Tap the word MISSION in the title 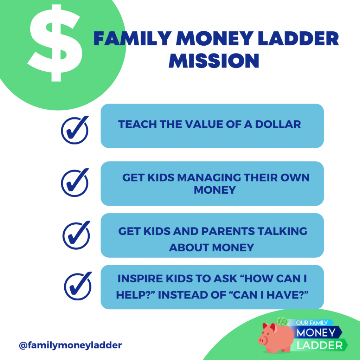point(214,61)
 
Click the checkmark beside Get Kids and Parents point(76,235)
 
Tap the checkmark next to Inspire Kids point(78,286)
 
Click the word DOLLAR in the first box point(278,124)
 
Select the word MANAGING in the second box point(209,178)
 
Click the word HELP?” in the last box point(135,295)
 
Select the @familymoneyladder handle point(70,345)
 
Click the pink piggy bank point(276,337)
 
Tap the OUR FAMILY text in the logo point(312,323)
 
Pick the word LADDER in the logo point(320,345)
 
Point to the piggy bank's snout point(262,340)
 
